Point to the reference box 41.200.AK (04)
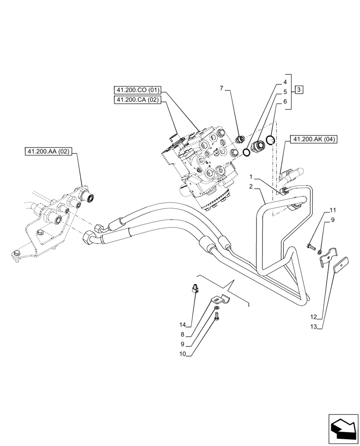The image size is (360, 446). [x=314, y=140]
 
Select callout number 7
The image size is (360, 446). [x=221, y=88]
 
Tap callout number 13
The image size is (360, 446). [x=314, y=326]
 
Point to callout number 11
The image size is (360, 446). [x=333, y=210]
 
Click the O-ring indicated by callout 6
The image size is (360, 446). [x=270, y=140]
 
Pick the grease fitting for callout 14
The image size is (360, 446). [x=195, y=288]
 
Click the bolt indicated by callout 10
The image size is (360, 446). [x=217, y=316]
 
